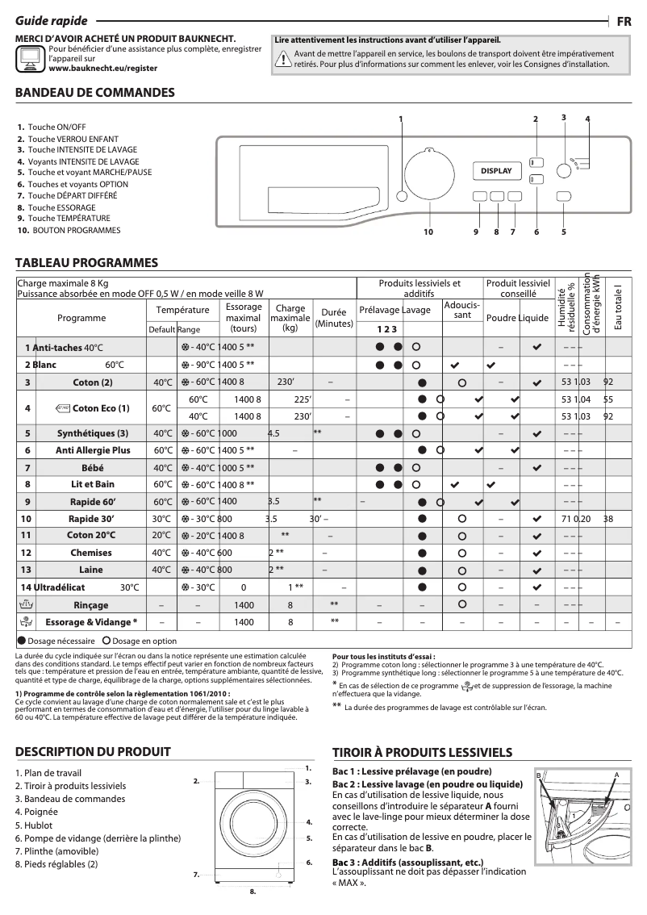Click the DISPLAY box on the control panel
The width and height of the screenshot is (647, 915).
coord(496,171)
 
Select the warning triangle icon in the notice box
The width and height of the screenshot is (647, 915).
coord(283,58)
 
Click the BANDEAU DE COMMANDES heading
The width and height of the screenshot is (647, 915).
coord(95,93)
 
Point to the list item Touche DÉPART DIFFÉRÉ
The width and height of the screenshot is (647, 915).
coord(72,195)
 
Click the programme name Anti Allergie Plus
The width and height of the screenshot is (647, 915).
coord(93,450)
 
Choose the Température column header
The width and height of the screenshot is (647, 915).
coord(182,310)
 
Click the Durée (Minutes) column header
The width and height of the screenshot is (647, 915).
coord(334,317)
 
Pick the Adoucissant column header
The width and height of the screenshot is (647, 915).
coord(461,310)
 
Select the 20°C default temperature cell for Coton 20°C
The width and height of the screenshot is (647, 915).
coord(162,535)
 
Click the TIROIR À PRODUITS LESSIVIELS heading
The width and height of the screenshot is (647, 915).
coord(422,752)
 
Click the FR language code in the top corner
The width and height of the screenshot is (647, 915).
coord(624,22)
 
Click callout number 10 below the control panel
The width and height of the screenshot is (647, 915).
coord(428,233)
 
